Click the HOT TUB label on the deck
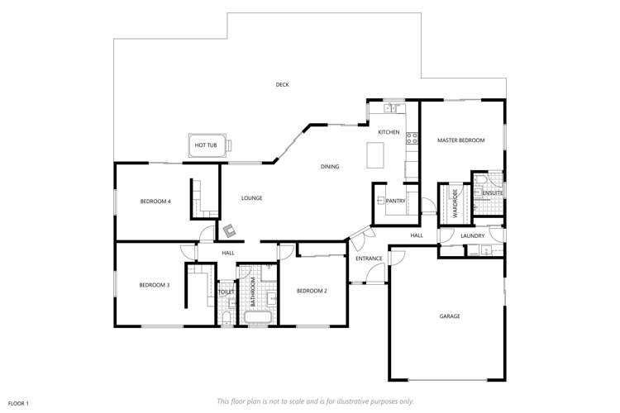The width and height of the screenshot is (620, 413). click(206, 145)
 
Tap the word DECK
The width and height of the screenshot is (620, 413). click(283, 84)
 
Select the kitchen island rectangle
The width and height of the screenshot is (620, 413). click(375, 155)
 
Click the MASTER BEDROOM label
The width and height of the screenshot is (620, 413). click(460, 140)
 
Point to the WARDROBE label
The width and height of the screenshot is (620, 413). click(455, 203)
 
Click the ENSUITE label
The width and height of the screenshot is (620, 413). click(493, 193)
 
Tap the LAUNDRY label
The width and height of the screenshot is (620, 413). click(473, 236)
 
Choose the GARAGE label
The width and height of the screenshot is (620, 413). click(450, 316)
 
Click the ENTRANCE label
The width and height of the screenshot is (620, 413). click(369, 259)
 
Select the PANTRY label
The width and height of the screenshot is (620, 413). click(395, 202)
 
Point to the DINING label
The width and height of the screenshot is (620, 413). click(330, 167)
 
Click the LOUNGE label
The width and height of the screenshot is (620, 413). click(252, 198)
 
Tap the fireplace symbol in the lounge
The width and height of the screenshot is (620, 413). click(229, 230)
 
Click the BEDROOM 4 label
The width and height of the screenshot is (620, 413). click(155, 202)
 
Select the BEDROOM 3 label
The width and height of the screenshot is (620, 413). click(155, 285)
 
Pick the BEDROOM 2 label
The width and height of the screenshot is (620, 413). click(312, 292)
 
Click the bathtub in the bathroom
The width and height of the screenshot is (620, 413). click(258, 317)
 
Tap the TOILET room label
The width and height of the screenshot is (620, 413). click(227, 292)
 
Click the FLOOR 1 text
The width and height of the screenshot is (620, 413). click(18, 404)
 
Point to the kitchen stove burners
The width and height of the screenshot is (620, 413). click(412, 138)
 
